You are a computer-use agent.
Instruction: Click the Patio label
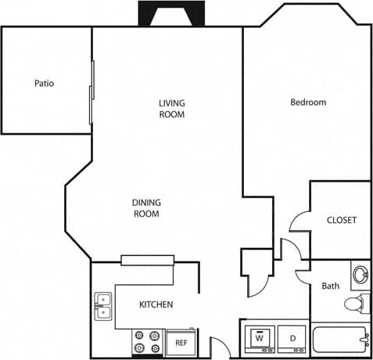(x=44, y=83)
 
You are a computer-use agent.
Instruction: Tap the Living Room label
(x=171, y=109)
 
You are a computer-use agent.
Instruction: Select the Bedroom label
(x=308, y=102)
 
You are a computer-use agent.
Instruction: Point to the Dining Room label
(x=146, y=208)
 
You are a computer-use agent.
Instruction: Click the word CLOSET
(x=341, y=220)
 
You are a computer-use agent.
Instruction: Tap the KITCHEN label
(x=156, y=304)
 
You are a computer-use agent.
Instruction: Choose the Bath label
(x=331, y=286)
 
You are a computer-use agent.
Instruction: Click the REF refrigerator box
(x=181, y=343)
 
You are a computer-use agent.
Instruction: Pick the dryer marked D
(x=292, y=339)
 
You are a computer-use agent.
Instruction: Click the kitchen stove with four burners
(x=147, y=342)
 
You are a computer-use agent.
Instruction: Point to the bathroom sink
(x=360, y=275)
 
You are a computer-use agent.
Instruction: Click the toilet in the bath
(x=356, y=304)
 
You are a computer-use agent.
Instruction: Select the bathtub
(x=340, y=341)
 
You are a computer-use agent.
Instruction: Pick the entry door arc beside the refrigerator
(x=218, y=345)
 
